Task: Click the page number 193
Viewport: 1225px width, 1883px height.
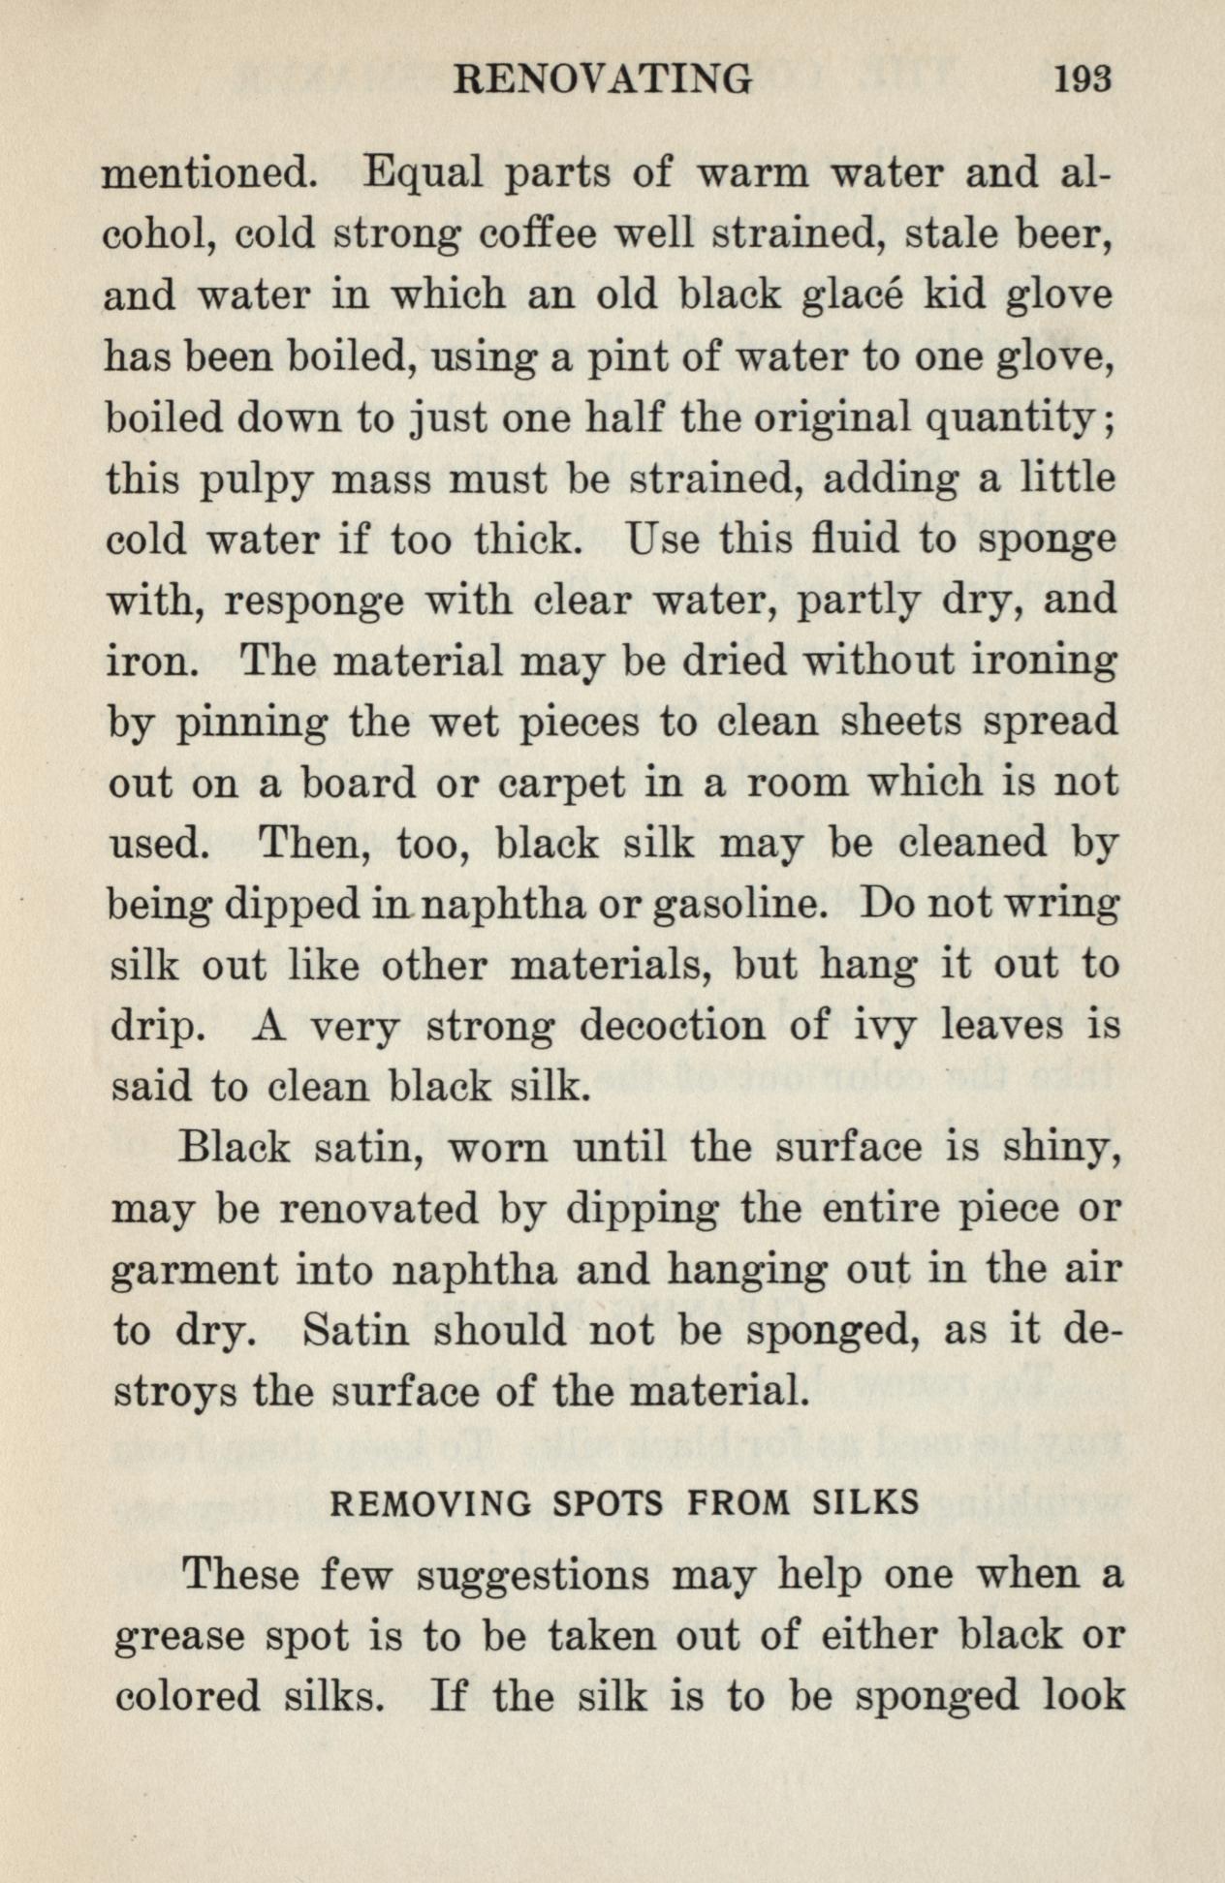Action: coord(1083,78)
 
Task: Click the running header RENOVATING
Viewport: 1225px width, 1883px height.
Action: coord(602,78)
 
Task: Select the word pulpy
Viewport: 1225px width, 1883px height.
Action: coord(255,481)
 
